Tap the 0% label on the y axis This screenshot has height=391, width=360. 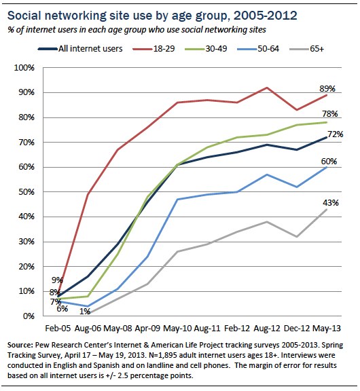pos(34,316)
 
